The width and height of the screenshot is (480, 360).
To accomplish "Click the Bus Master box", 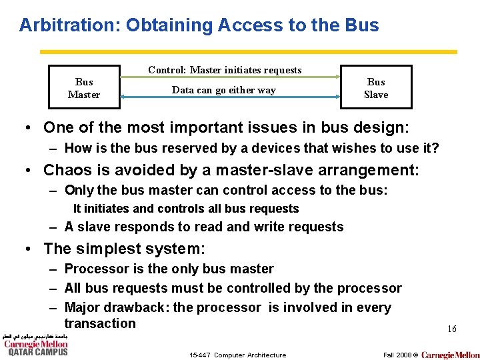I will click(84, 87).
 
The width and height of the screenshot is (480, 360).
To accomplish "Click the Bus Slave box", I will click(376, 87).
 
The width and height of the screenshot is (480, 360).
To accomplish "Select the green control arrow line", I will click(230, 78).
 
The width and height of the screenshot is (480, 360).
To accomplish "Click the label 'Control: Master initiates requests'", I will click(225, 69).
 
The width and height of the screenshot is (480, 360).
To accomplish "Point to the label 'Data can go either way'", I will click(223, 90).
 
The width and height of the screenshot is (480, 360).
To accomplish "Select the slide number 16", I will click(451, 329).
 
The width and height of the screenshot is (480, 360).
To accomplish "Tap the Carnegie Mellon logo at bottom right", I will click(450, 355).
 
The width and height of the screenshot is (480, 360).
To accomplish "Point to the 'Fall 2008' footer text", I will click(397, 355).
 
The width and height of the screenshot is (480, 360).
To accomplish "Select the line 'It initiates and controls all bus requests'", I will click(185, 209).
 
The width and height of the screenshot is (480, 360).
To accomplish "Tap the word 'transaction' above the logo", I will click(100, 323).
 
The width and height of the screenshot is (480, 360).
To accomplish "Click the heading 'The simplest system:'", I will click(125, 249).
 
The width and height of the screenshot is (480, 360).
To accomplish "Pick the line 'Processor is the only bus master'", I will click(169, 269).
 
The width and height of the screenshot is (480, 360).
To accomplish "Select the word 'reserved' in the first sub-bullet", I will click(173, 148).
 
